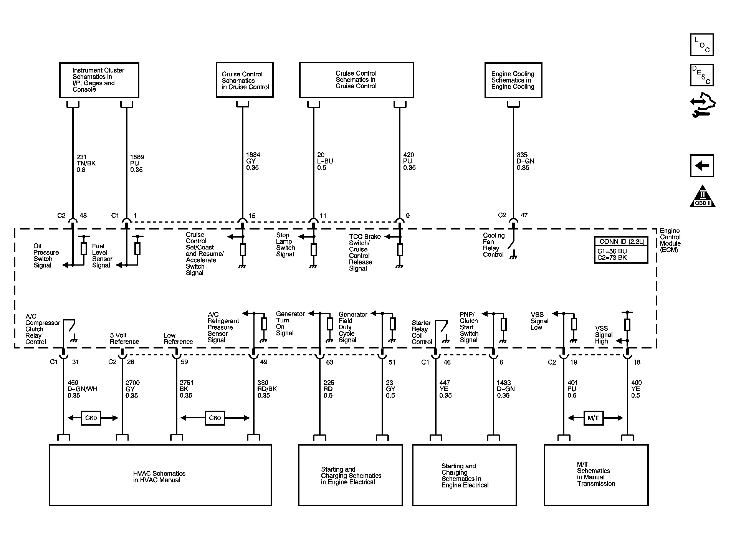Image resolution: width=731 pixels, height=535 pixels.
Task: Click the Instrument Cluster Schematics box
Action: (99, 80)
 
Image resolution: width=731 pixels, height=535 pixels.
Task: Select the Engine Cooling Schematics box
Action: (513, 80)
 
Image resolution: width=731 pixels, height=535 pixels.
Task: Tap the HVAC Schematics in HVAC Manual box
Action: (160, 475)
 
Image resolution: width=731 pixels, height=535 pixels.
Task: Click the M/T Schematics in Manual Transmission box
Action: (596, 475)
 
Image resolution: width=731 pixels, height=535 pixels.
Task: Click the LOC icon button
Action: (702, 45)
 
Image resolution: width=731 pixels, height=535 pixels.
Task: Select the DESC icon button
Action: (702, 75)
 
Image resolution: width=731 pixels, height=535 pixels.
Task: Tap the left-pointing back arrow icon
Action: (702, 166)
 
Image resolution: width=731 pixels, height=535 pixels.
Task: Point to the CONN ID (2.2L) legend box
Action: (621, 250)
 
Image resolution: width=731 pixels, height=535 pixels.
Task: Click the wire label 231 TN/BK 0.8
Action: (86, 163)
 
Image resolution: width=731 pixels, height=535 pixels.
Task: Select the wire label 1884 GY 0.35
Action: (252, 161)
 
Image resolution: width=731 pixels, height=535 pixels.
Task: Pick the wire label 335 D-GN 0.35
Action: (525, 161)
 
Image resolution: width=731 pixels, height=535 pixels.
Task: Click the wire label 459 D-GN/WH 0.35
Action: (82, 389)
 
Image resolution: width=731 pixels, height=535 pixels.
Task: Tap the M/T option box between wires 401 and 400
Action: (593, 418)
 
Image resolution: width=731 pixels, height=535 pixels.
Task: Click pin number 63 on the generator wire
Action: (329, 362)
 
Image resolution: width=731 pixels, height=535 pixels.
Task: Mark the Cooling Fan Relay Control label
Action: (494, 245)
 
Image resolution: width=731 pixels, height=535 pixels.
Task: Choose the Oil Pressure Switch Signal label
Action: (46, 256)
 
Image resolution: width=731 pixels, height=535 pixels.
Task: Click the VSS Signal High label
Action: (602, 335)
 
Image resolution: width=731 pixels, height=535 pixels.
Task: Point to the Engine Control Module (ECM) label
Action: (670, 240)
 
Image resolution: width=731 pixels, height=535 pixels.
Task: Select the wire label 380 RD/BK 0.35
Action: (267, 389)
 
